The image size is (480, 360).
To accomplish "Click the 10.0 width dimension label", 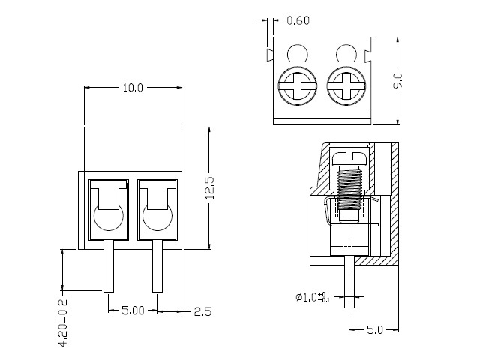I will click(x=132, y=88).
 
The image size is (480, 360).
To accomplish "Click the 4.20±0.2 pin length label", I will click(x=63, y=323).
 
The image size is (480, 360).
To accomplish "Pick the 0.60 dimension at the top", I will click(x=298, y=20).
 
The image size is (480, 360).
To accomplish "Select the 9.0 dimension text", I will click(x=397, y=79).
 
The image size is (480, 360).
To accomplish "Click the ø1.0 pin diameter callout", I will click(x=311, y=297).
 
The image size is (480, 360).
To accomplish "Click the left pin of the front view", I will click(x=109, y=265).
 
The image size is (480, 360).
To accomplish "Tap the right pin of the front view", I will click(x=158, y=265).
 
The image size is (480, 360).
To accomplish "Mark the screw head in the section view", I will click(x=349, y=157).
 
